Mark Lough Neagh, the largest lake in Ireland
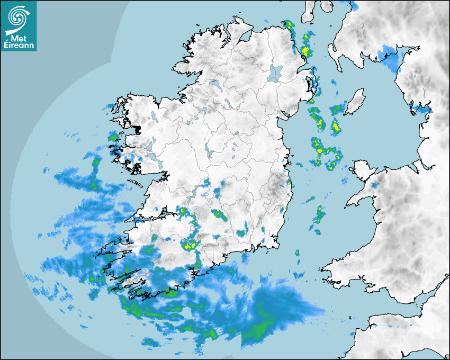pyautogui.click(x=275, y=72)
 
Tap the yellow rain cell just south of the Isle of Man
pyautogui.click(x=335, y=127)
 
